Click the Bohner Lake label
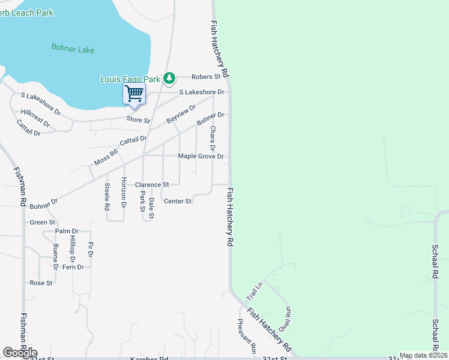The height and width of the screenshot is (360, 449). (x=73, y=49)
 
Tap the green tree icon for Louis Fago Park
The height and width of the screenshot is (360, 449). (x=170, y=78)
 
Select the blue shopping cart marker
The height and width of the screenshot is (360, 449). (x=134, y=94)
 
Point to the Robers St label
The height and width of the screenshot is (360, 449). (x=206, y=77)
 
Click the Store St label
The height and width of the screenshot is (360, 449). (x=138, y=120)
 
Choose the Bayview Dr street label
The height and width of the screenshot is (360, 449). (x=181, y=113)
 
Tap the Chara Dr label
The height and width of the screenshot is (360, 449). (x=212, y=138)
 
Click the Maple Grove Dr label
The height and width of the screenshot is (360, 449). (x=200, y=157)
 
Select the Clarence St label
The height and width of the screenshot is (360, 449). (x=152, y=185)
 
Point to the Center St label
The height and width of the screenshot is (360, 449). (x=178, y=201)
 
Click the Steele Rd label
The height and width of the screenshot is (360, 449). (x=107, y=196)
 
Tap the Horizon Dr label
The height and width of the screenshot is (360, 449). (x=124, y=193)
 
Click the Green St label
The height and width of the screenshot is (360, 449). (x=43, y=223)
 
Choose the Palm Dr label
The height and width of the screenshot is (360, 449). (x=67, y=231)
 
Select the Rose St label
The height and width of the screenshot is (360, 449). (x=41, y=283)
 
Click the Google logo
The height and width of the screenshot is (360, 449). (x=20, y=353)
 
